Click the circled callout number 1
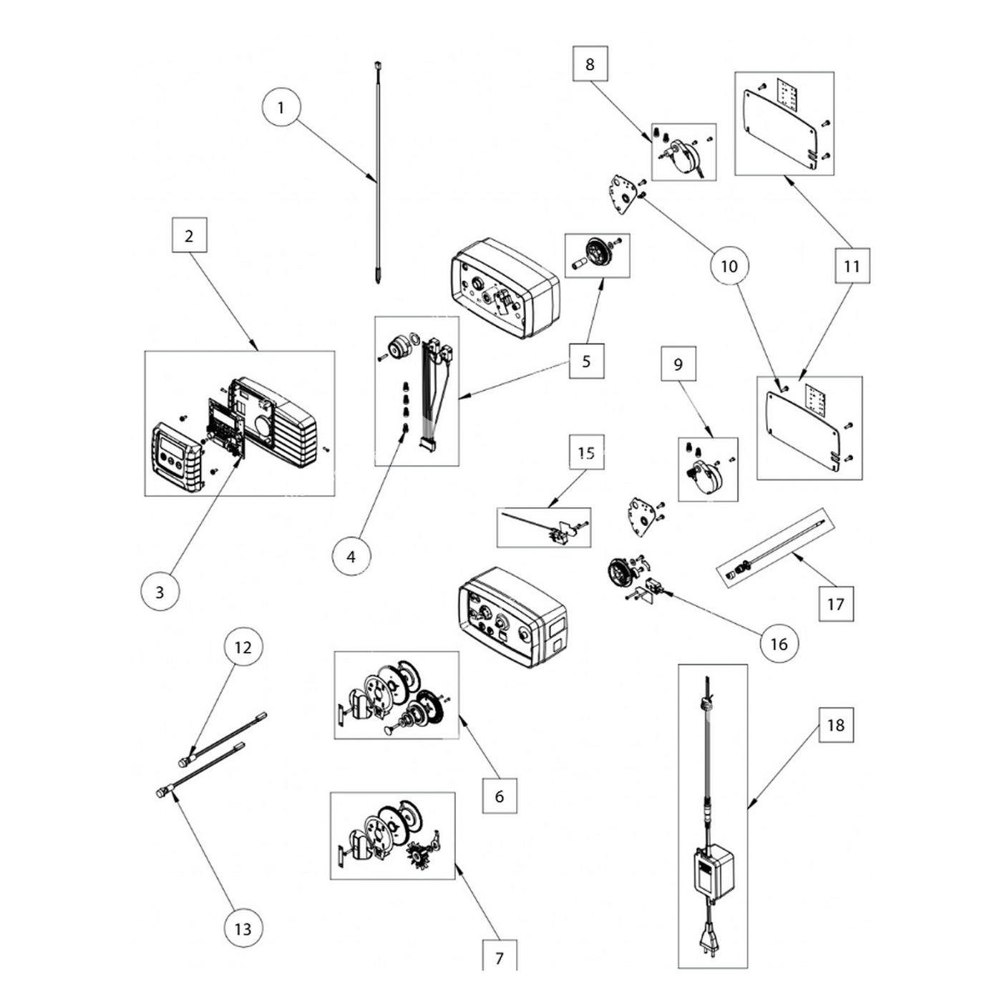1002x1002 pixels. tap(281, 107)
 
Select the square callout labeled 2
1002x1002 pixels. tap(189, 235)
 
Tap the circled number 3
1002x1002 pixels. tap(160, 591)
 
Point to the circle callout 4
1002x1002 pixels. tap(351, 556)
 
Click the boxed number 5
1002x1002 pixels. tap(587, 361)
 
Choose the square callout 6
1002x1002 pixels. tap(500, 796)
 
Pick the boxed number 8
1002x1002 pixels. tap(590, 64)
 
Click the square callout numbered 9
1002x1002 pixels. tap(678, 364)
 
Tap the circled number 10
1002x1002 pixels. tap(729, 266)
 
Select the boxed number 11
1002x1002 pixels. tap(852, 266)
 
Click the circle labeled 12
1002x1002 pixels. tap(243, 647)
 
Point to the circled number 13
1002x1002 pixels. tap(243, 928)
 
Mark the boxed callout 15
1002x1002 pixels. tap(587, 452)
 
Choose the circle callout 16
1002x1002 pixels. tap(779, 643)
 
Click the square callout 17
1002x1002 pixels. tap(836, 603)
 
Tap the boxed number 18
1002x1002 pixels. tap(836, 725)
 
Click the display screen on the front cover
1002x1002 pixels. tap(172, 446)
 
